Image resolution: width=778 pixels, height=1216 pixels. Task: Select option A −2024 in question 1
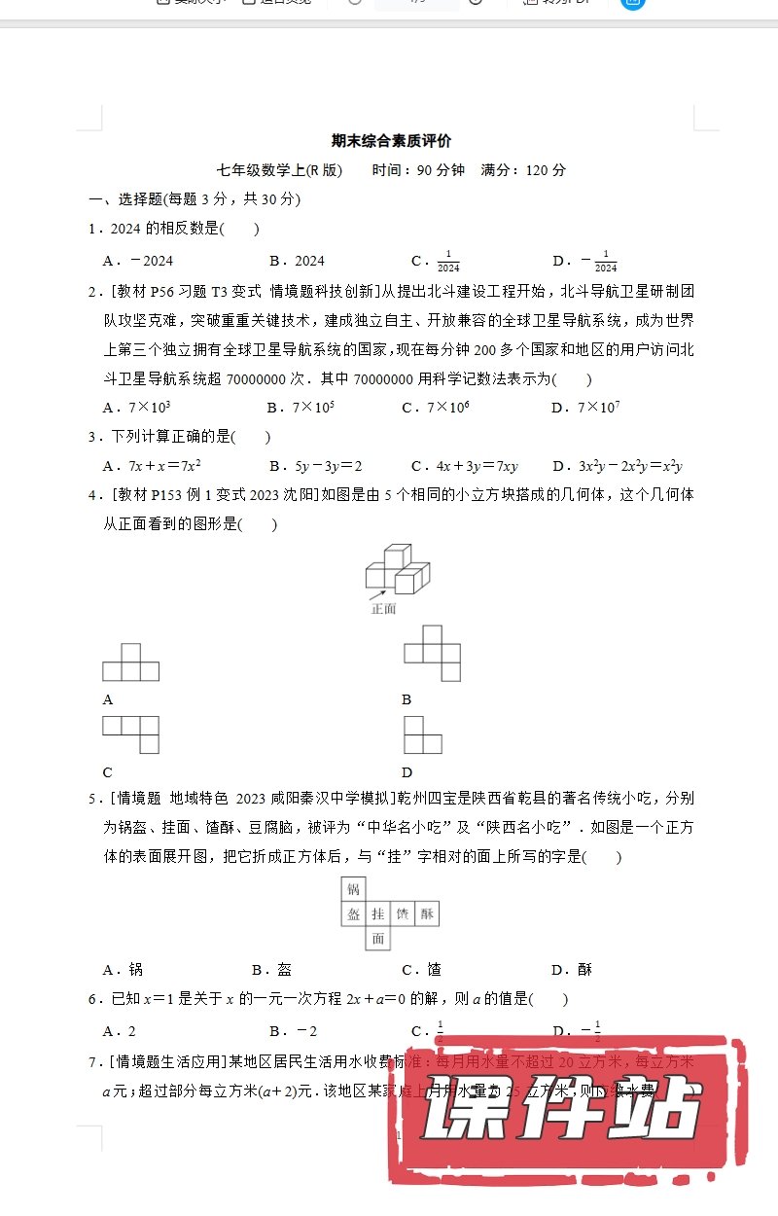pyautogui.click(x=138, y=261)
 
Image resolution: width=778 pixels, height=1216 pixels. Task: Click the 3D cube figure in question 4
pyautogui.click(x=396, y=571)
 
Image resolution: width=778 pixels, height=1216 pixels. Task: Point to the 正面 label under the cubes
pyautogui.click(x=384, y=609)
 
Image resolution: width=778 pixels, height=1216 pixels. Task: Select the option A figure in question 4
pyautogui.click(x=130, y=662)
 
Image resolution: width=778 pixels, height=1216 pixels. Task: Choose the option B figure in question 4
pyautogui.click(x=432, y=653)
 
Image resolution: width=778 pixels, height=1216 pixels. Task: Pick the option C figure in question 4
pyautogui.click(x=130, y=733)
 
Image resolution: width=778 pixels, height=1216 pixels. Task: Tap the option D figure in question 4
pyautogui.click(x=422, y=733)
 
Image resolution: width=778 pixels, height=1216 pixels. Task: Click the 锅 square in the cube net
pyautogui.click(x=353, y=889)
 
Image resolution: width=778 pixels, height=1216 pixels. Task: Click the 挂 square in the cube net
pyautogui.click(x=377, y=913)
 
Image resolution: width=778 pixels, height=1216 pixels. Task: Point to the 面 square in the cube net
pyautogui.click(x=377, y=939)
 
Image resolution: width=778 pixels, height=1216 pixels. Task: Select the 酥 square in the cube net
pyautogui.click(x=427, y=913)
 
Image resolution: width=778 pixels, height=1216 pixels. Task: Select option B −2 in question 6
pyautogui.click(x=294, y=1031)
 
